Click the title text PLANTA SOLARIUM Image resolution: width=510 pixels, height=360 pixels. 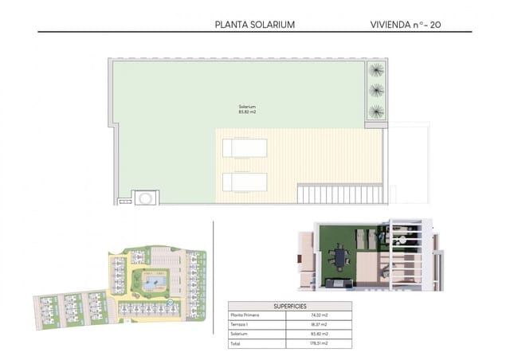tap(254, 25)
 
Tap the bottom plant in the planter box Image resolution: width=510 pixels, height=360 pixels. tap(376, 111)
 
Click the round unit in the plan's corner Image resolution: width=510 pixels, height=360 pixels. tap(146, 196)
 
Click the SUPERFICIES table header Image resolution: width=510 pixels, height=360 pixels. tap(280, 306)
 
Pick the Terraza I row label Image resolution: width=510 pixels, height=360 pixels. tap(240, 325)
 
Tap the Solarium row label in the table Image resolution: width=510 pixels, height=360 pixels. tap(239, 335)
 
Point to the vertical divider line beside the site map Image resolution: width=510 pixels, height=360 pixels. tap(213, 271)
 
